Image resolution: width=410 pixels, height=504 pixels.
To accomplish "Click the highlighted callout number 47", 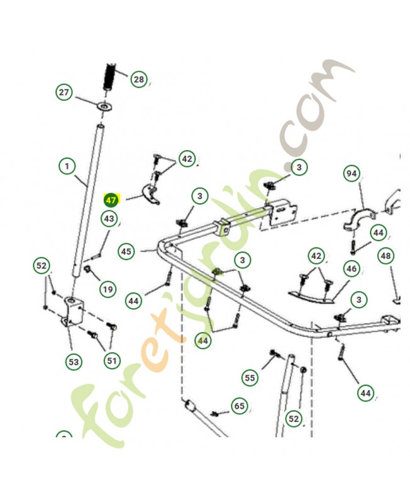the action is [x=111, y=200].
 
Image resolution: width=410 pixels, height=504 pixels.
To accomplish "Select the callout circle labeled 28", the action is [x=139, y=79].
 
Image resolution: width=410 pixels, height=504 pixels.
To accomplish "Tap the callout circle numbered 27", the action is [x=64, y=92].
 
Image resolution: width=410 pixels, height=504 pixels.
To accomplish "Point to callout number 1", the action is [x=67, y=166].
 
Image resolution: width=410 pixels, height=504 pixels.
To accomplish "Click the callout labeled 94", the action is [x=352, y=174].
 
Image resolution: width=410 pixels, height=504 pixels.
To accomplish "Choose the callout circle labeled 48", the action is [x=385, y=256].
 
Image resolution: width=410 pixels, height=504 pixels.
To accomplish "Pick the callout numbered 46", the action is [x=352, y=268].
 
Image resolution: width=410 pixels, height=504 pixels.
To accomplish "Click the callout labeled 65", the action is [x=240, y=406].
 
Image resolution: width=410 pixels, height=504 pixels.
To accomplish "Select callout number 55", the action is [x=250, y=377].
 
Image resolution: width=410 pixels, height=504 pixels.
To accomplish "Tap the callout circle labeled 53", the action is [x=74, y=362].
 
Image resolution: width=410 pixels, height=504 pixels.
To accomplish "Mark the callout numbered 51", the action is [x=112, y=360].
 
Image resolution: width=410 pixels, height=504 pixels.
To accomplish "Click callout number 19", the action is [x=108, y=289].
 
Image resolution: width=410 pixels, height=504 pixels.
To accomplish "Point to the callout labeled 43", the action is [x=109, y=219].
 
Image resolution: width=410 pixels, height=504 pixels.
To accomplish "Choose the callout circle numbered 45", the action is [x=126, y=251].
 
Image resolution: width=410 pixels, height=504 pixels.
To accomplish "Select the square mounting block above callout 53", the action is [x=74, y=311].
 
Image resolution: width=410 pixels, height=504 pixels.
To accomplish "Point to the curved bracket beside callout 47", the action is [x=151, y=193].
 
